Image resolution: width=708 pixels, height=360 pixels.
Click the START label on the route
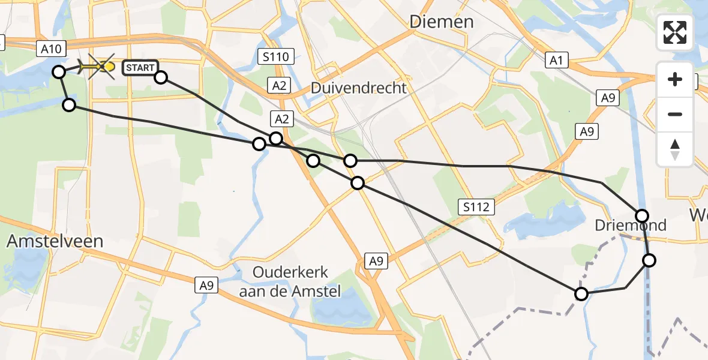tap(140, 68)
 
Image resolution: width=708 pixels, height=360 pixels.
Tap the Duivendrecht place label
tap(358, 88)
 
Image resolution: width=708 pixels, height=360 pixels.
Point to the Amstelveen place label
tap(55, 241)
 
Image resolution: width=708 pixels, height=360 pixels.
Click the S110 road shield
tap(276, 58)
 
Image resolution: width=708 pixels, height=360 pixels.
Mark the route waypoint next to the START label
tap(161, 77)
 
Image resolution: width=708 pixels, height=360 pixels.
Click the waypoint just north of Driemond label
tap(642, 215)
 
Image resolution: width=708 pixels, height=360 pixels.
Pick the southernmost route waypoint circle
tap(581, 293)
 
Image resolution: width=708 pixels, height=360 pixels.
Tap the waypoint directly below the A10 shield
tap(58, 72)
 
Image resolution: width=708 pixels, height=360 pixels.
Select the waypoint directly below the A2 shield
tap(275, 139)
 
